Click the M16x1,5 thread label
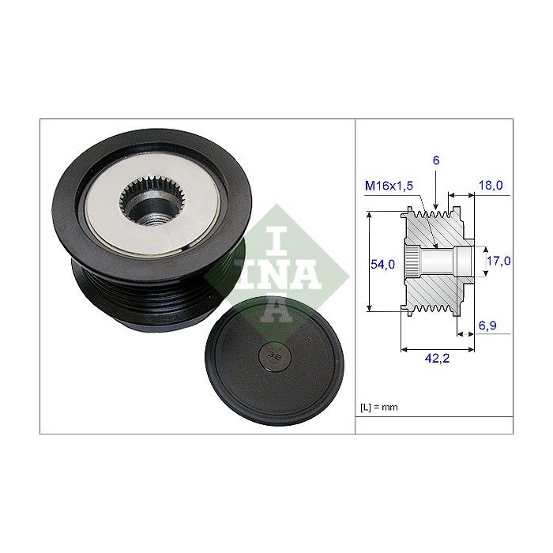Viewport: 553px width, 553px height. click(x=389, y=186)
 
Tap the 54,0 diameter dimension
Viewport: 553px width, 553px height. click(x=382, y=264)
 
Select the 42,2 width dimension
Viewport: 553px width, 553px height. click(x=438, y=359)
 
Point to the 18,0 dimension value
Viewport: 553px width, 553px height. click(x=491, y=185)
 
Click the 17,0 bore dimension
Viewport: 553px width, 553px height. click(x=498, y=261)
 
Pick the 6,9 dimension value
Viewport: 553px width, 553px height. click(x=487, y=325)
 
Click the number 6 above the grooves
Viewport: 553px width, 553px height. click(x=436, y=160)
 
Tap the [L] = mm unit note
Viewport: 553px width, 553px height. click(x=378, y=408)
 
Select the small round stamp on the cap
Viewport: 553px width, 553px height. click(x=275, y=356)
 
